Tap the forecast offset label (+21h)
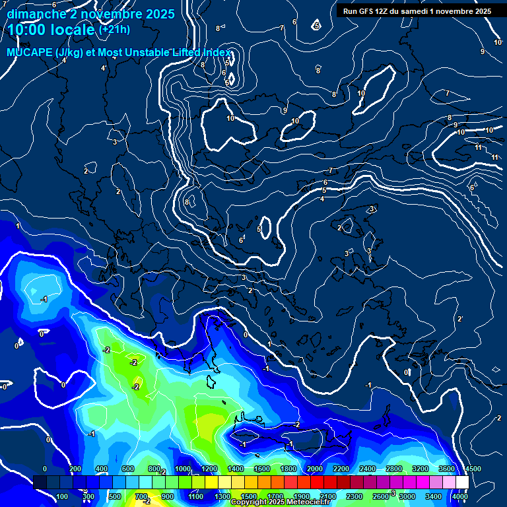pyautogui.click(x=114, y=30)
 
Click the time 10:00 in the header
pyautogui.click(x=28, y=30)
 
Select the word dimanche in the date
pyautogui.click(x=34, y=14)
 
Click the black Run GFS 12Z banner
pyautogui.click(x=417, y=11)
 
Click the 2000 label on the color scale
pyautogui.click(x=314, y=469)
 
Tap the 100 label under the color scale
pyautogui.click(x=62, y=496)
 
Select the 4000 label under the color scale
pyautogui.click(x=460, y=496)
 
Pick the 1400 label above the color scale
pyautogui.click(x=235, y=469)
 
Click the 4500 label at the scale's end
pyautogui.click(x=473, y=469)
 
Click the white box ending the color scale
pyautogui.click(x=462, y=483)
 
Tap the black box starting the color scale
pyautogui.click(x=40, y=483)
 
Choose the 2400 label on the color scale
pyautogui.click(x=367, y=469)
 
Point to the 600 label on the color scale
pyautogui.click(x=128, y=469)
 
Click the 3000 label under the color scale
pyautogui.click(x=407, y=496)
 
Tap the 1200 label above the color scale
pyautogui.click(x=209, y=469)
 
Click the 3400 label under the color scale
pyautogui.click(x=434, y=496)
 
